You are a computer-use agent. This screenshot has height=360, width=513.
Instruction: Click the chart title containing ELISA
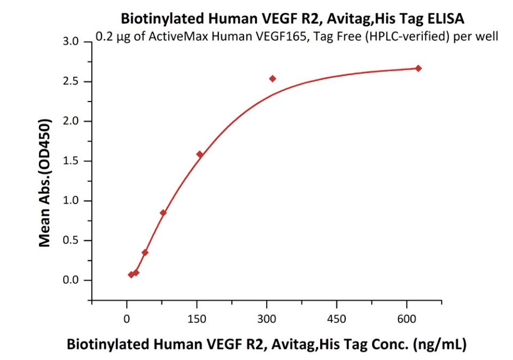tap(292, 19)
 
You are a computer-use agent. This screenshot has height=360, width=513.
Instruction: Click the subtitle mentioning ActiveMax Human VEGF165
tap(297, 36)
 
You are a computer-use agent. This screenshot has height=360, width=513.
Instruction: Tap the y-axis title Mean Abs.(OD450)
tap(45, 183)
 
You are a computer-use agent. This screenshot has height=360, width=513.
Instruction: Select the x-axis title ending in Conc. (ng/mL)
tap(266, 345)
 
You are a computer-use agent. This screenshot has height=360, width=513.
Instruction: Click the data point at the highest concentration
tap(418, 68)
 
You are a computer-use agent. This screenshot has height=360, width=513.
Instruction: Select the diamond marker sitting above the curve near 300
tap(273, 79)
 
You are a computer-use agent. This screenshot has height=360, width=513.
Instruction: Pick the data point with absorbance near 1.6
tap(200, 154)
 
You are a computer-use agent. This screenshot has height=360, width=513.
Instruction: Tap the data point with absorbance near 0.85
tap(163, 213)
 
